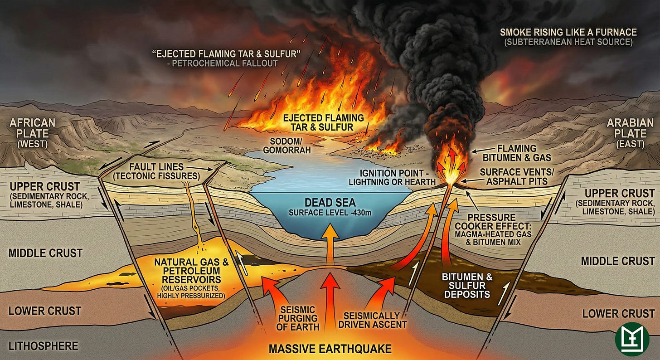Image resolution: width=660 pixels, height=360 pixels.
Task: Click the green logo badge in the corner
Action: tap(632, 339)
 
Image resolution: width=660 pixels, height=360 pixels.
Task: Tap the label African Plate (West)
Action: tap(33, 133)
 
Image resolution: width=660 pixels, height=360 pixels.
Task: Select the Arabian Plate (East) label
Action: tap(630, 133)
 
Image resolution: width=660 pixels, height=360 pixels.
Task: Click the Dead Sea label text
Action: tap(330, 203)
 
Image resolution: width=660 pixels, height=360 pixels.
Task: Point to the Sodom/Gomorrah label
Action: tap(286, 146)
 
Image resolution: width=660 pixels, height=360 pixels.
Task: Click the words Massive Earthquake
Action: tap(330, 349)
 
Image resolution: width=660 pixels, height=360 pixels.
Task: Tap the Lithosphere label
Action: tap(44, 346)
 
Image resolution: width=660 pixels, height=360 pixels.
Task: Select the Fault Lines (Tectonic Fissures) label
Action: tap(156, 171)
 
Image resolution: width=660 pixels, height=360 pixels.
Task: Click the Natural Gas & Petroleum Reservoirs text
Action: tap(191, 271)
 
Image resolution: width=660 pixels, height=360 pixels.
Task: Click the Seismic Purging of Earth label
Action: tap(297, 318)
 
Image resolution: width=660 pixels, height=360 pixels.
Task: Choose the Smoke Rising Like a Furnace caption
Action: tap(568, 32)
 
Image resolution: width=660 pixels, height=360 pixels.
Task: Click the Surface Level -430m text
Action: tap(330, 213)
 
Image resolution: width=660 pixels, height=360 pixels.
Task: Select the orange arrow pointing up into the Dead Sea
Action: tap(330, 244)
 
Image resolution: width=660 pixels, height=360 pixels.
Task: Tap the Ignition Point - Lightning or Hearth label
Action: tap(392, 177)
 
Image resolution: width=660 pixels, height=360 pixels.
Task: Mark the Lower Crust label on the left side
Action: tap(45, 311)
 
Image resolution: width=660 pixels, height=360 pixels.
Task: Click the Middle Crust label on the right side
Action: tap(617, 261)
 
